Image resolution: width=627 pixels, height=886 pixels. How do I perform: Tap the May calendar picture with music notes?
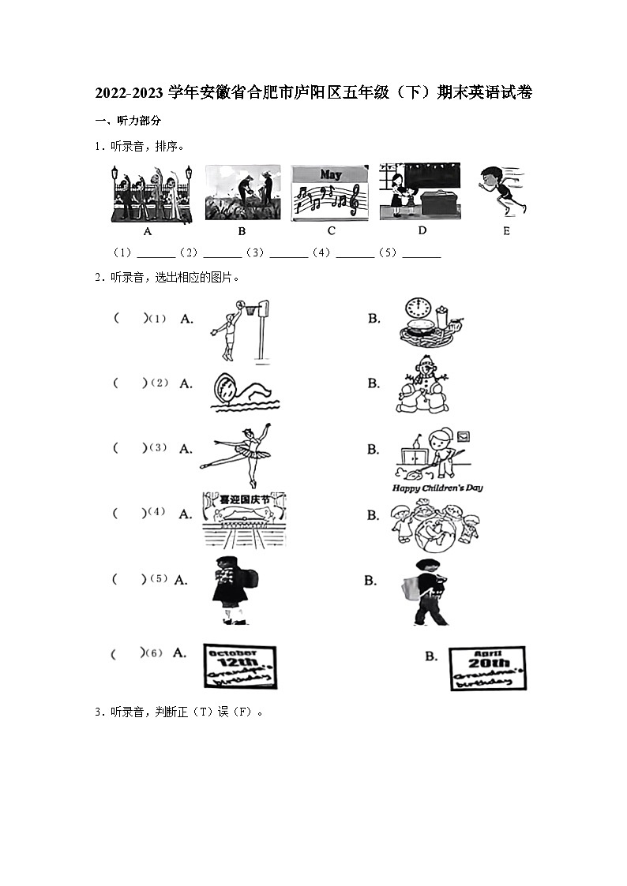click(x=329, y=193)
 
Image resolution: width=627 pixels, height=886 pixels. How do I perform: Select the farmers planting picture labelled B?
click(x=242, y=193)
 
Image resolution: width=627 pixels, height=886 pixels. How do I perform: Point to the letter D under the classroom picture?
click(x=422, y=230)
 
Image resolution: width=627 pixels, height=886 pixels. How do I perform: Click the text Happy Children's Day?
click(x=437, y=488)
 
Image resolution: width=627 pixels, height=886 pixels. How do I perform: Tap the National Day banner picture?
click(x=244, y=520)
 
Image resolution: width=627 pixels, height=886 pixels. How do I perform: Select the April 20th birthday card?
click(x=486, y=668)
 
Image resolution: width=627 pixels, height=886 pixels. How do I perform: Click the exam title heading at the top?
click(x=313, y=92)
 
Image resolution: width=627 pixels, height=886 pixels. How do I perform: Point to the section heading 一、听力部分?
click(x=128, y=120)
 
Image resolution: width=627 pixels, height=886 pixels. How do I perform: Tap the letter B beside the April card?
click(x=430, y=656)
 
